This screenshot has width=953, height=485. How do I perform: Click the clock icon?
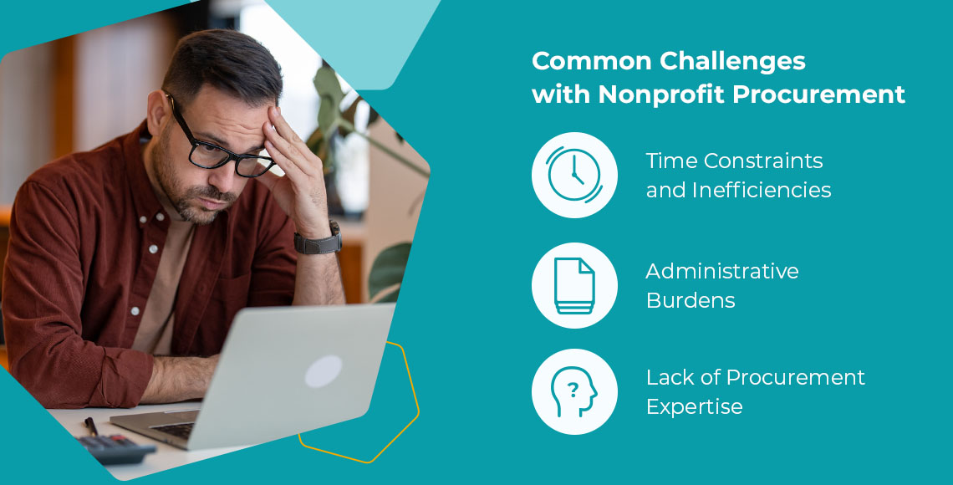click(x=574, y=175)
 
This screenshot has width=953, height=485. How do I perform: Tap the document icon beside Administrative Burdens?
click(x=574, y=286)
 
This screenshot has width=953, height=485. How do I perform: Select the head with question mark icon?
click(x=573, y=392)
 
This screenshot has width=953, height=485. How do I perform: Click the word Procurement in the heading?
click(x=818, y=94)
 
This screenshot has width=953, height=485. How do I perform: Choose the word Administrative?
click(x=722, y=271)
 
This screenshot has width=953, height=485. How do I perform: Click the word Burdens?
click(x=691, y=300)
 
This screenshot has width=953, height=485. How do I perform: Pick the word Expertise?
click(x=694, y=406)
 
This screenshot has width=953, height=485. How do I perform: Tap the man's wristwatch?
click(x=319, y=239)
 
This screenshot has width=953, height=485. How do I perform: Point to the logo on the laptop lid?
click(x=324, y=371)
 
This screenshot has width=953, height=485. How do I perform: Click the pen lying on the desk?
click(x=91, y=426)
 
